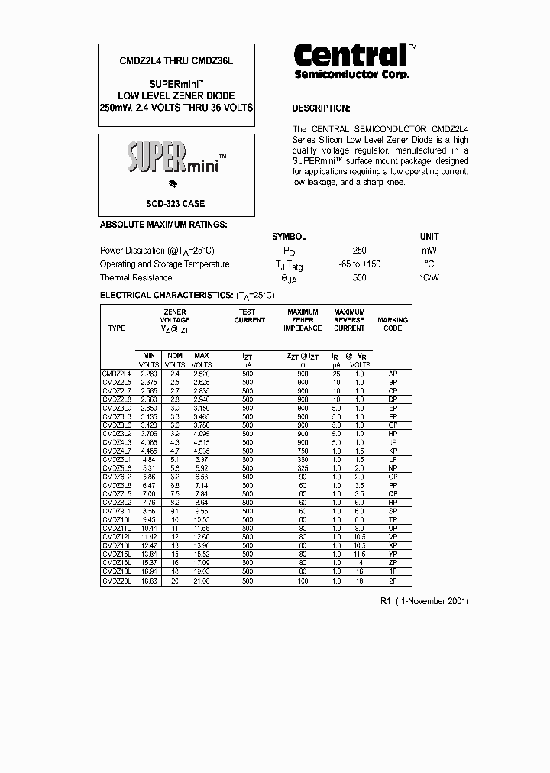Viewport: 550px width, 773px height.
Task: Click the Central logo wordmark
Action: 350,55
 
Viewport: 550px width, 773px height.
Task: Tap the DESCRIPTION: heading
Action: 321,108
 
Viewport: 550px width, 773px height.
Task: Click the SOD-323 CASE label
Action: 176,204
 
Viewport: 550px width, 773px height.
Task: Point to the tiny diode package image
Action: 173,184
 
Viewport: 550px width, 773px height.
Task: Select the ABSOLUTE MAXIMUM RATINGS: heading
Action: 163,225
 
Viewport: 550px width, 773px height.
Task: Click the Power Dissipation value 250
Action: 359,251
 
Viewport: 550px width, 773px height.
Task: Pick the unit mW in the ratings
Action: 429,251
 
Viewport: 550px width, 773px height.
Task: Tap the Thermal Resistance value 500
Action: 359,278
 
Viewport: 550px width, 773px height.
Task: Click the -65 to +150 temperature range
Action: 359,264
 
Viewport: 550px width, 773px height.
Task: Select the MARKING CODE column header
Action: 393,324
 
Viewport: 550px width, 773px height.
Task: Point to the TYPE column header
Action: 116,328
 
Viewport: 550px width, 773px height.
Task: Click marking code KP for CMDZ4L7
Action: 393,451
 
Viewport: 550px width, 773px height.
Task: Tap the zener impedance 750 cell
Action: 302,451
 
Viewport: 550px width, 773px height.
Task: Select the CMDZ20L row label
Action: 117,581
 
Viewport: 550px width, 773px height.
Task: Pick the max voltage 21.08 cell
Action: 201,581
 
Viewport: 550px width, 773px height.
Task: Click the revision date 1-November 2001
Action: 430,601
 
